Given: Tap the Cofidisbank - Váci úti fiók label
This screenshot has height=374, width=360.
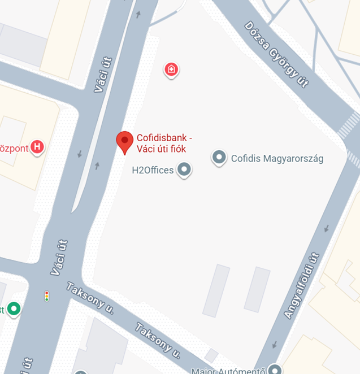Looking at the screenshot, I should tap(163, 143).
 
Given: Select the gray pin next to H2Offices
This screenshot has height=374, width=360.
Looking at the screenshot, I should tap(184, 169).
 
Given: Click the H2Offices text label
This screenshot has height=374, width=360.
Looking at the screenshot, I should tap(153, 169).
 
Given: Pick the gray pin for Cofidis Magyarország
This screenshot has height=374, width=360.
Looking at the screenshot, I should tap(219, 158).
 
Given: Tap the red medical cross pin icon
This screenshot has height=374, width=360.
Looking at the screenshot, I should tap(171, 70).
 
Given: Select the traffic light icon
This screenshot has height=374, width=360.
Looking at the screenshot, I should tap(46, 295).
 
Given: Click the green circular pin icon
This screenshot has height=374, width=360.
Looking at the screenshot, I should tap(14, 309).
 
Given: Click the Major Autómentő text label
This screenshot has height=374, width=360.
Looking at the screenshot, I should tap(228, 371).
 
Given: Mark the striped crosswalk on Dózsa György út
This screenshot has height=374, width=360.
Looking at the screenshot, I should tap(349, 125).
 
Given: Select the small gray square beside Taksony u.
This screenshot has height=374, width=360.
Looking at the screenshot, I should tap(211, 355).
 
